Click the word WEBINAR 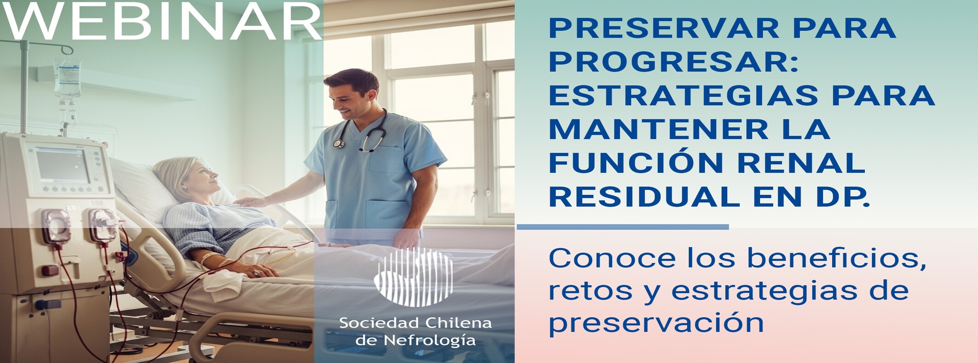[x=162, y=21]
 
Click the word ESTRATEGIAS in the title [x=683, y=96]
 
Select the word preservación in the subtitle [x=656, y=323]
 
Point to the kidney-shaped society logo [x=413, y=277]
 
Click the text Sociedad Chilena [x=415, y=323]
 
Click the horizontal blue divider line [x=623, y=227]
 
